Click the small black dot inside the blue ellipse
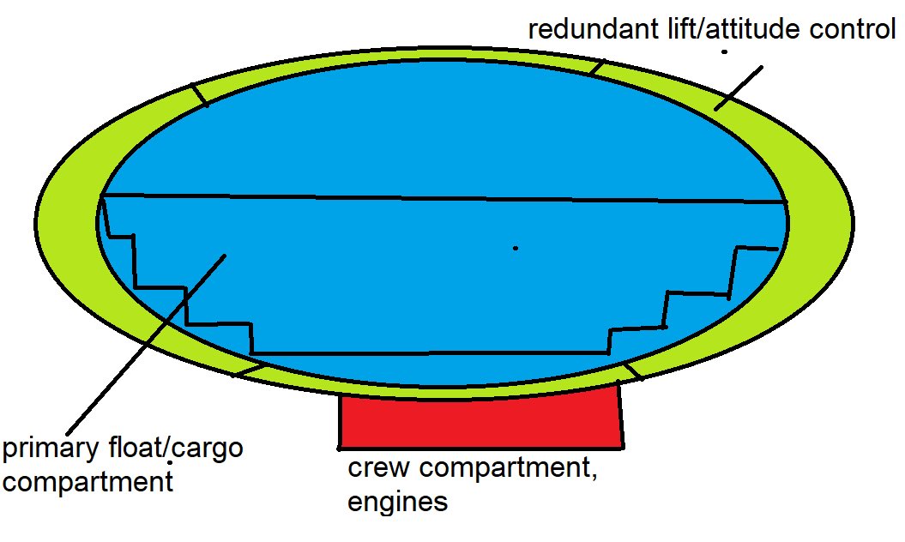(x=516, y=248)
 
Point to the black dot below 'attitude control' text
(x=724, y=52)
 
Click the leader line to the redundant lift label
(x=738, y=87)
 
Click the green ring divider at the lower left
(x=249, y=369)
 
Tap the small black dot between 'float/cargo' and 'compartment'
(x=170, y=464)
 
